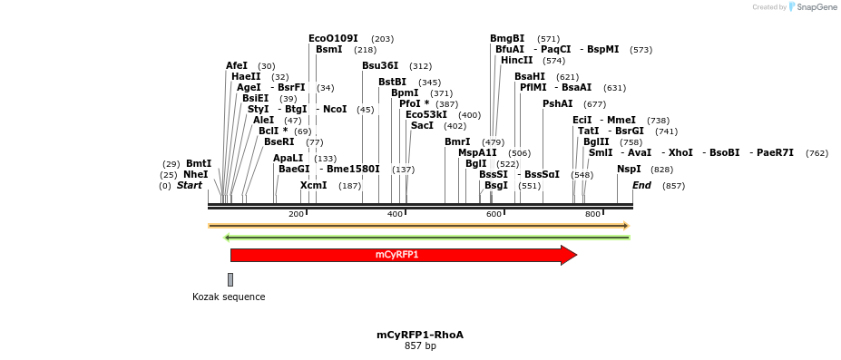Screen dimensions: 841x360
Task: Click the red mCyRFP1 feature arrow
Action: [x=399, y=255]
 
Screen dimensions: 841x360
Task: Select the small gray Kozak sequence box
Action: [x=230, y=279]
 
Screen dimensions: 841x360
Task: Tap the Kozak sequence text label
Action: [x=229, y=297]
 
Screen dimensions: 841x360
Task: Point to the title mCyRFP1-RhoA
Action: [x=420, y=335]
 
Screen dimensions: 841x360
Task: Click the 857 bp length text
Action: [x=420, y=345]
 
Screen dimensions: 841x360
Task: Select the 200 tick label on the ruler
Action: [x=296, y=214]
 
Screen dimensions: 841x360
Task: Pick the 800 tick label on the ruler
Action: [x=592, y=214]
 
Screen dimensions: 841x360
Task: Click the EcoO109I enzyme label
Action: [x=333, y=38]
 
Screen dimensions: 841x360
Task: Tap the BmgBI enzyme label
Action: [x=507, y=38]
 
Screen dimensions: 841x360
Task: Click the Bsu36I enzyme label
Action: [x=380, y=65]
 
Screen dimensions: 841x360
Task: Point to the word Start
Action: [x=190, y=185]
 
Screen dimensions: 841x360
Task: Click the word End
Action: [x=641, y=185]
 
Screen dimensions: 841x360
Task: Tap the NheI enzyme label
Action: [x=196, y=174]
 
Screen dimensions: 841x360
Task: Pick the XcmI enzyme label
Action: [x=313, y=185]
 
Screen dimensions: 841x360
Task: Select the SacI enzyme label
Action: [x=422, y=125]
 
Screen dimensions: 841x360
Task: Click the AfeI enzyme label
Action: [x=237, y=65]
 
